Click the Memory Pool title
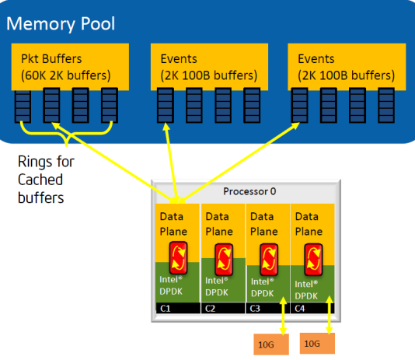61,24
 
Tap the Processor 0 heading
249,191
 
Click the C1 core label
166,309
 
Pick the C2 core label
210,309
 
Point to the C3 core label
255,309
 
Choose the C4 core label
300,309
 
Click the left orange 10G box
271,344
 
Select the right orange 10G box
317,344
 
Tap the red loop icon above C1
179,257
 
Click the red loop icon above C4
314,260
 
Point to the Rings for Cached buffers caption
46,180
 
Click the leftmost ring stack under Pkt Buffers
23,106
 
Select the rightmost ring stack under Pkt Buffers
110,105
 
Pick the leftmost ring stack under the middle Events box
166,105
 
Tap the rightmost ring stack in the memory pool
386,105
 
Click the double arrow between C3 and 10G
283,316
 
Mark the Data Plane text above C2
219,224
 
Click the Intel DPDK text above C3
262,288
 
